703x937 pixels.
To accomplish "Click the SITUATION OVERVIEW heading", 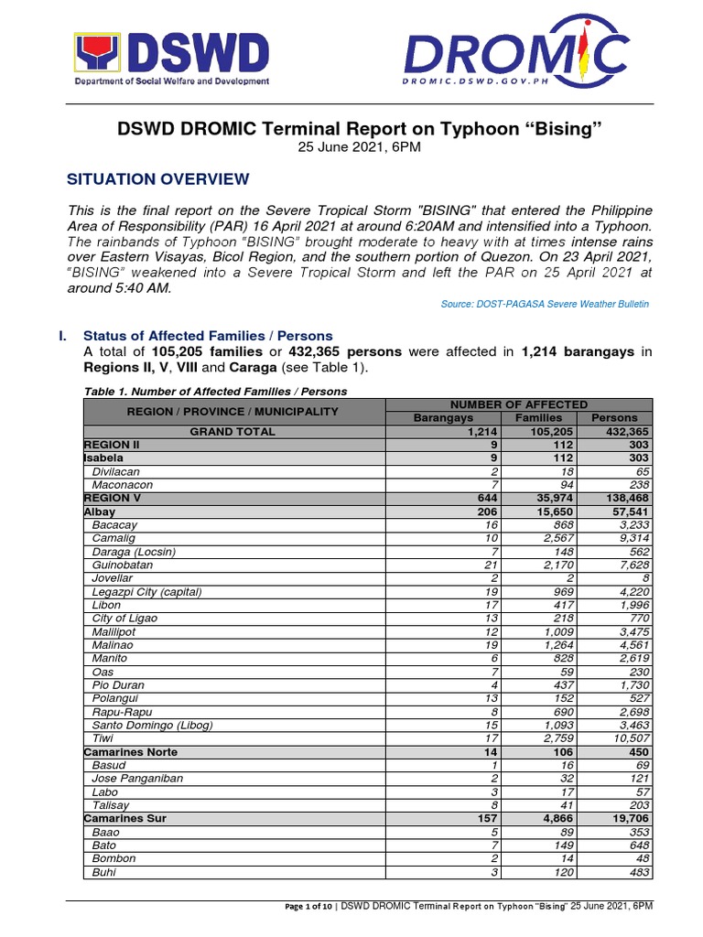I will click(x=157, y=179).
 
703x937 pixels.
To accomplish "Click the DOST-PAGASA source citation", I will click(x=546, y=303).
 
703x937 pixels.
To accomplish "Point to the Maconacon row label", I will click(x=122, y=485).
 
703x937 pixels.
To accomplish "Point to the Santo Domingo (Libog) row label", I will click(x=152, y=725).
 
